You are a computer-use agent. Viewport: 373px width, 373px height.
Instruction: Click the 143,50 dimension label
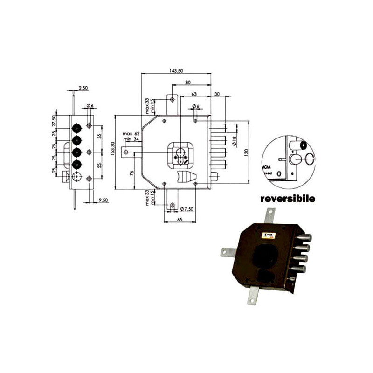click(176, 70)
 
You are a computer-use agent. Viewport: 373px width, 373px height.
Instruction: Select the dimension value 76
click(132, 173)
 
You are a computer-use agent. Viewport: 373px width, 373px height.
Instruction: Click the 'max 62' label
click(129, 134)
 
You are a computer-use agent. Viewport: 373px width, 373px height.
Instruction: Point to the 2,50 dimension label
click(83, 88)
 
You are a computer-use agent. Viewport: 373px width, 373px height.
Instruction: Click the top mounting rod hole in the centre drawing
click(173, 99)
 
